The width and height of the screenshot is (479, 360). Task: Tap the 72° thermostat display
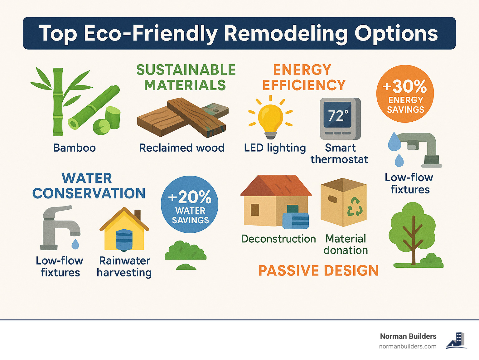coord(338,115)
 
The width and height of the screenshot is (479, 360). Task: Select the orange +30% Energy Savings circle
coord(405,94)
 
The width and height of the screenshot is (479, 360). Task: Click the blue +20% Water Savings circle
coord(190,204)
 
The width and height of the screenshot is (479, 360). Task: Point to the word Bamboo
coord(74,148)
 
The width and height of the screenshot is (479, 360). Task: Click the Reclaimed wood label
coord(182,148)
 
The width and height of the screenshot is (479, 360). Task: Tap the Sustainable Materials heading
coord(186,77)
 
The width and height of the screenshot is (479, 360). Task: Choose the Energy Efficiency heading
coord(303,77)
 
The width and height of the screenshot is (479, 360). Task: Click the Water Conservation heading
coord(89,186)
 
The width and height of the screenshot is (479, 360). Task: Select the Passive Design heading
coord(318,270)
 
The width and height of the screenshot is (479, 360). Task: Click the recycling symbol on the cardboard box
coord(355,207)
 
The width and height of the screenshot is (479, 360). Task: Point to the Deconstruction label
coord(278,239)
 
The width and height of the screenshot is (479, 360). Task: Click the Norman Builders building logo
coord(457,340)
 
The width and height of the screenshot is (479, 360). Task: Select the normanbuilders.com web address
coord(408,347)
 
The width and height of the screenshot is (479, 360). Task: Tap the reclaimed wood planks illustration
coord(182,118)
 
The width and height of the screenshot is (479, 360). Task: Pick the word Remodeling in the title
coord(286,33)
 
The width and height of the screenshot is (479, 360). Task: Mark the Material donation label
coord(346,245)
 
